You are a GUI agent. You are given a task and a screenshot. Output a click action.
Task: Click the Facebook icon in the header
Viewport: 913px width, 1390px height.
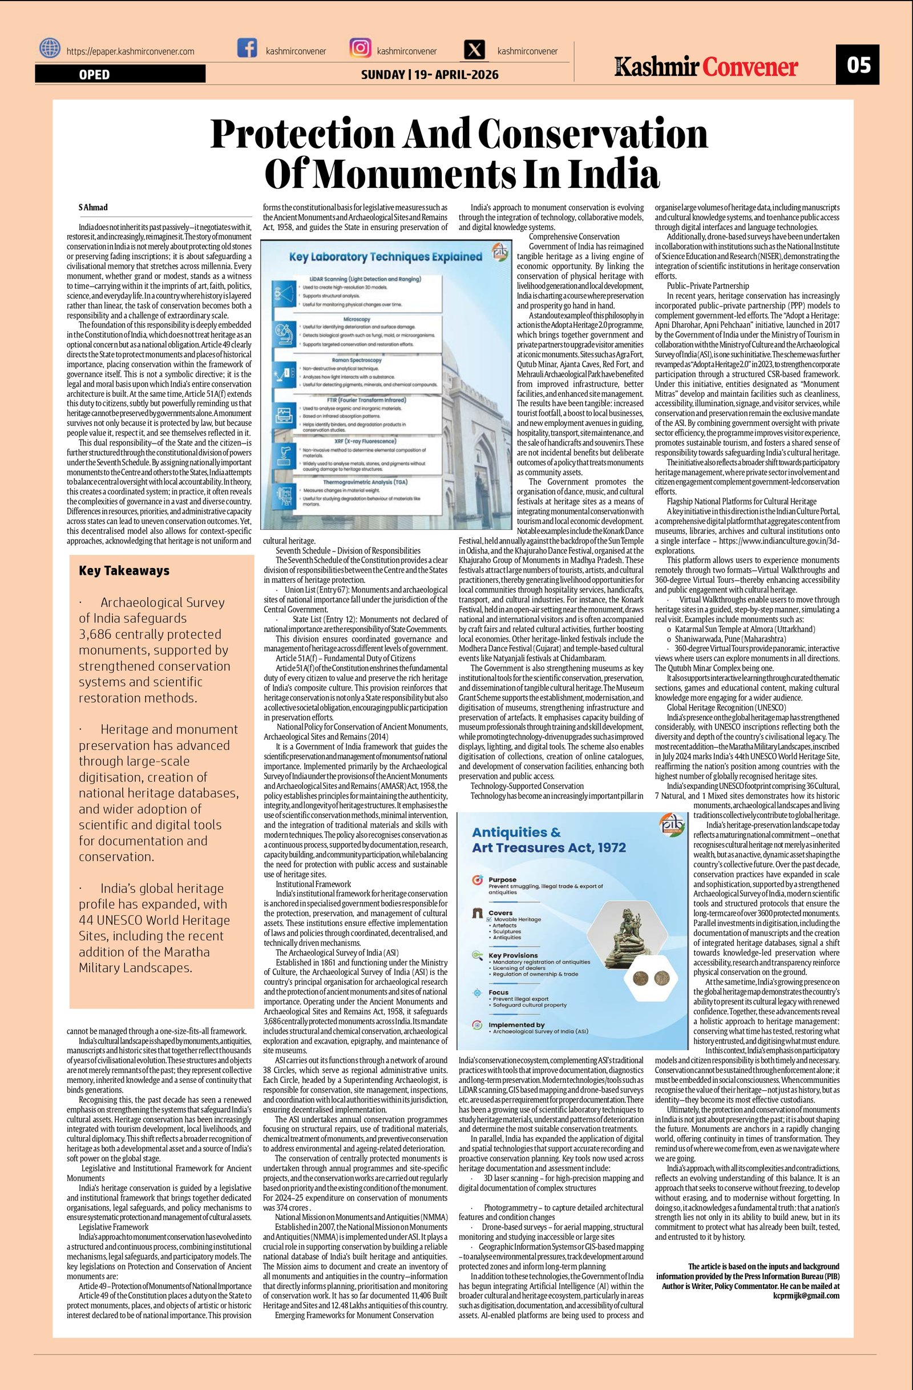[x=247, y=48]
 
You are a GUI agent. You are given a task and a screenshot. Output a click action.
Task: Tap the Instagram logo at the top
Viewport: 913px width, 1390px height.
[x=360, y=48]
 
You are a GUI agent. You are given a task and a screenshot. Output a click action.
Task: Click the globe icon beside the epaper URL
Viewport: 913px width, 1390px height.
[x=50, y=49]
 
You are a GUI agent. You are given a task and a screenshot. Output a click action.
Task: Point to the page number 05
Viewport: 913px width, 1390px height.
[x=857, y=65]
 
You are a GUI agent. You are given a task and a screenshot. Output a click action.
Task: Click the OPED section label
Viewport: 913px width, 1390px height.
[x=94, y=74]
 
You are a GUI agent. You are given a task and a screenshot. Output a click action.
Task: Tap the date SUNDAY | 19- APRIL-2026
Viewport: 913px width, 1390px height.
[x=430, y=74]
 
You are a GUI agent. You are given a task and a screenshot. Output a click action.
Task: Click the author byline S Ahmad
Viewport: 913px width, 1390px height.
[x=94, y=207]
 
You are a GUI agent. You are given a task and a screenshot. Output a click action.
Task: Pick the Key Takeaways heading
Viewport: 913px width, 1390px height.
[x=124, y=571]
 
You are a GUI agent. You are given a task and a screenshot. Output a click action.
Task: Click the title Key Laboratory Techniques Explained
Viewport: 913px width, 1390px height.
[x=385, y=256]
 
